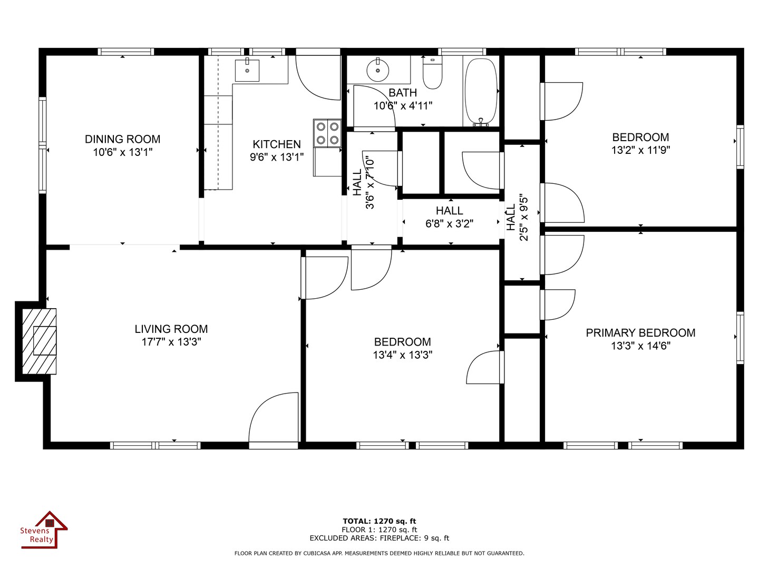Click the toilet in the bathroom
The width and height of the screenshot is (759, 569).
click(432, 73)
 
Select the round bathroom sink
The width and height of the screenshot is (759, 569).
click(377, 71)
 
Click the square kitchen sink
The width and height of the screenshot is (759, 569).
click(247, 71)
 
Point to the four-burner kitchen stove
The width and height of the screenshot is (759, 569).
click(327, 133)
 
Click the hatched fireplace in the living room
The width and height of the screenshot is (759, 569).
click(39, 341)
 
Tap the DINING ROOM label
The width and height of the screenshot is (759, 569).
click(122, 139)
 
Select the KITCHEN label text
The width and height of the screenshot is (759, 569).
click(277, 144)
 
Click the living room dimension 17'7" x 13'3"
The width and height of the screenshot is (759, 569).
click(171, 342)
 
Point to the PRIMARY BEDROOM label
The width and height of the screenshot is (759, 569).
click(640, 332)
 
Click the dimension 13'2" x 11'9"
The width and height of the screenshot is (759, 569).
click(641, 150)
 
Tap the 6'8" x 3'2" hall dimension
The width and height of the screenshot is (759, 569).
click(449, 224)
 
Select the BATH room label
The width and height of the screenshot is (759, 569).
click(403, 93)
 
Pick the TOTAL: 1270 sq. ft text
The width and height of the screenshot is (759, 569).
click(379, 521)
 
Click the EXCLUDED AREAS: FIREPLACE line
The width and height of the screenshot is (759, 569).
click(379, 538)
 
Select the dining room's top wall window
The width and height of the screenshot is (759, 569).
click(126, 52)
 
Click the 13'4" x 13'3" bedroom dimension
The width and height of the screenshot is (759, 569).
click(403, 355)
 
